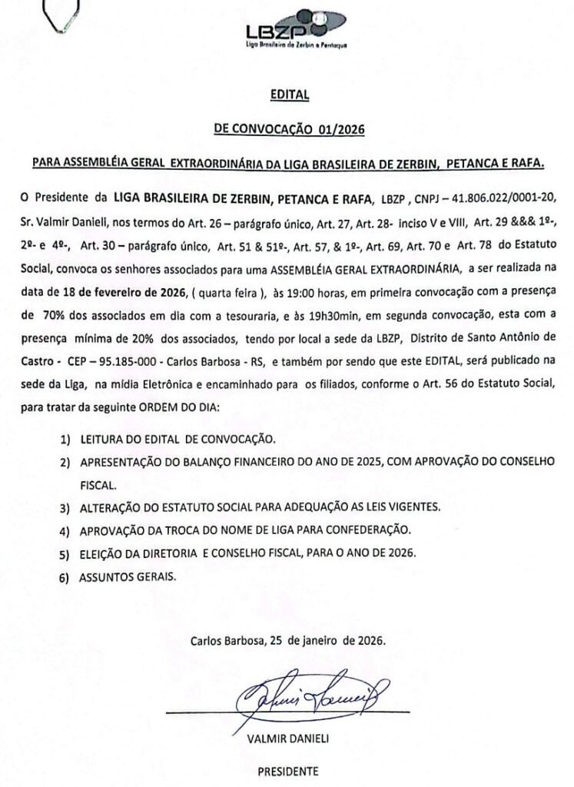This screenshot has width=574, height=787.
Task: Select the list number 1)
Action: [x=66, y=440]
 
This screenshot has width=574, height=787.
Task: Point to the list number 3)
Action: [x=66, y=508]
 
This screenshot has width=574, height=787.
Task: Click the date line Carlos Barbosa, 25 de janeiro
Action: [x=288, y=639]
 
